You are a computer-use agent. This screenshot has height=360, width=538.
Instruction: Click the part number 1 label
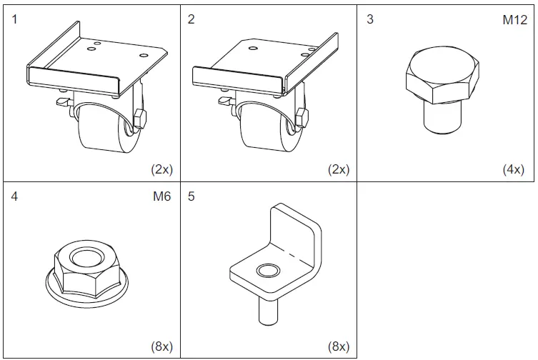click(14, 19)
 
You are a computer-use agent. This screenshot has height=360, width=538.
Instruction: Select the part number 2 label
click(191, 19)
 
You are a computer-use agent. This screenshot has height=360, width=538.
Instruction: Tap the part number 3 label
click(369, 19)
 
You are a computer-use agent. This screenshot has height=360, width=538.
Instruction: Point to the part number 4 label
click(14, 197)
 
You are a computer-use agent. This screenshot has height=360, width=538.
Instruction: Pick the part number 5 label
click(191, 197)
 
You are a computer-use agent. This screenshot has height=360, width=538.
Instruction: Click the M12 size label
click(514, 20)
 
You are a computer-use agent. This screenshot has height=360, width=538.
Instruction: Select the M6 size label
click(162, 197)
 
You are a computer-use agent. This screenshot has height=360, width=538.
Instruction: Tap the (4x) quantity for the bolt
click(512, 170)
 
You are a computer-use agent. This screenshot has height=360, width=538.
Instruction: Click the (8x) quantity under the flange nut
click(161, 347)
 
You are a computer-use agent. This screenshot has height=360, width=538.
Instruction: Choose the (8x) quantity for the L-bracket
click(337, 347)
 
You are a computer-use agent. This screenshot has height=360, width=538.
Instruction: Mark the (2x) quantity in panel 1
click(161, 170)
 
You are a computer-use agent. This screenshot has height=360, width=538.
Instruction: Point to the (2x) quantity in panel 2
click(337, 170)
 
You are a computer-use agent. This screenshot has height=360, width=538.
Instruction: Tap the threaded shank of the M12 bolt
click(440, 116)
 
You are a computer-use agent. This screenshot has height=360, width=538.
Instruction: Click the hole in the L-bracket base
click(268, 271)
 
